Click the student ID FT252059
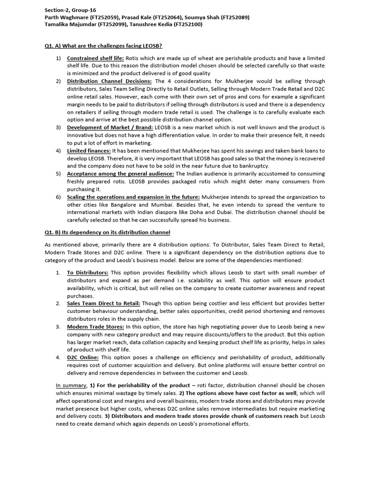(x=103, y=17)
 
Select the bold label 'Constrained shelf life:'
(x=96, y=58)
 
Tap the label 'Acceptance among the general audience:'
(x=120, y=174)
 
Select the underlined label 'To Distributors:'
(x=88, y=272)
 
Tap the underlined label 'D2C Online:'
(x=83, y=357)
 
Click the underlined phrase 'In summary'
(x=70, y=385)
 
